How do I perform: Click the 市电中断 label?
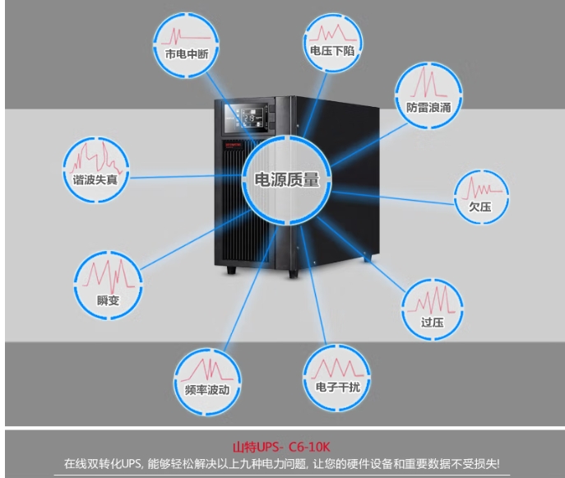point(187,54)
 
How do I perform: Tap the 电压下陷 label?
point(332,51)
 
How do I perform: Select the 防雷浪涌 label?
point(428,107)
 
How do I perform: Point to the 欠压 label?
point(480,207)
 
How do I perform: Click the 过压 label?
point(433,322)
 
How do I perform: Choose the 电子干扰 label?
point(338,387)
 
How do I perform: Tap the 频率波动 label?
point(207,390)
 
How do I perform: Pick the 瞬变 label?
point(108,300)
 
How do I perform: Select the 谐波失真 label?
point(95,179)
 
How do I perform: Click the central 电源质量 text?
point(287,179)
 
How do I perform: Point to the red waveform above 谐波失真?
point(96,157)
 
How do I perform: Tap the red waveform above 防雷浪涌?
point(428,83)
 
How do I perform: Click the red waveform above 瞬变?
point(108,276)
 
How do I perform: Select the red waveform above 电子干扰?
point(337,368)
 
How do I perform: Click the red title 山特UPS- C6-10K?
point(281,447)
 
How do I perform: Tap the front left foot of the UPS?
point(231,270)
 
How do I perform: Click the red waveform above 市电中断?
point(186,37)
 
